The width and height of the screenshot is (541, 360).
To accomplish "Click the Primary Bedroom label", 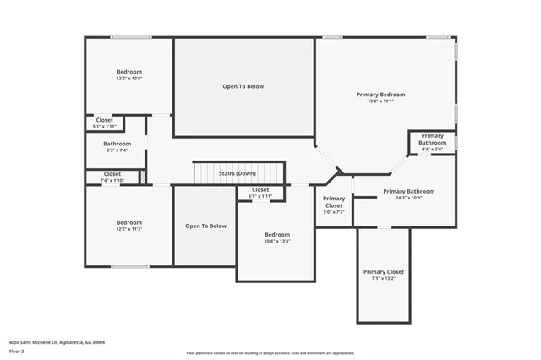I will point(385,95).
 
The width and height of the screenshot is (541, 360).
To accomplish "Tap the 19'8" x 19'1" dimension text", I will point(385,101).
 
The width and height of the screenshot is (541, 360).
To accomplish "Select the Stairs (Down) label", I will point(238,173).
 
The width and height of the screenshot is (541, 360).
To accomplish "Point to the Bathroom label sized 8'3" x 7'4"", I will point(117,144).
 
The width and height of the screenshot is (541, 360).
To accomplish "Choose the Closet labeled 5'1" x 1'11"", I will point(104,120).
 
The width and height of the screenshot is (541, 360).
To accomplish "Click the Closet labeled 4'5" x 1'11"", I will point(260,190).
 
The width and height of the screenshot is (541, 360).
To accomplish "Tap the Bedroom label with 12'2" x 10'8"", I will point(129,72).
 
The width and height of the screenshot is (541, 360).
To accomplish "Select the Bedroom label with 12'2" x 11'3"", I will point(129,222).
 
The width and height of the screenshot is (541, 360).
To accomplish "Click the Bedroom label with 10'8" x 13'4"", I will point(276,234).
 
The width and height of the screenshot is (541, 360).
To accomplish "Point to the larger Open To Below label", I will point(243,86).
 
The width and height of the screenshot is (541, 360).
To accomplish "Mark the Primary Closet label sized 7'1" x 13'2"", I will point(384,272).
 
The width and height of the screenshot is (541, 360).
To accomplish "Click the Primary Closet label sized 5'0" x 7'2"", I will point(334,201).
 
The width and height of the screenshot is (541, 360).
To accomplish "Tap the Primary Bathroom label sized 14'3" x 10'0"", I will point(402,192).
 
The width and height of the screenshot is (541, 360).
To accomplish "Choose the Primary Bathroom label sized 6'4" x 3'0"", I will point(432,136).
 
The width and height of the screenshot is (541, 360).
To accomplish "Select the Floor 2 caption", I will point(18,351).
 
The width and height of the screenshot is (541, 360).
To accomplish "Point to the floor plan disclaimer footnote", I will point(270,353).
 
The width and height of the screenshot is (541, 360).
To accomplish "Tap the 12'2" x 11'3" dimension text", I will point(129,229).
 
